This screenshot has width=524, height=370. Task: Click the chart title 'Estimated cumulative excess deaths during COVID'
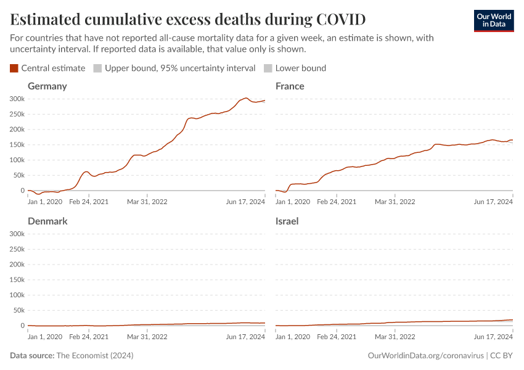tap(188, 19)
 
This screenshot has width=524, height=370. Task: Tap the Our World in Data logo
tap(493, 20)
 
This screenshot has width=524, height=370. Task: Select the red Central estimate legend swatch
tap(14, 68)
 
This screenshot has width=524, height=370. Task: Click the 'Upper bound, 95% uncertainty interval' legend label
tap(179, 68)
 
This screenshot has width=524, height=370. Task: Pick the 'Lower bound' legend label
tap(300, 68)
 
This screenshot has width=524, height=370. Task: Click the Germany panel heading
tap(47, 86)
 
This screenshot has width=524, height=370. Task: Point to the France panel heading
tap(290, 86)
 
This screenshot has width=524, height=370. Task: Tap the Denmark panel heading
tap(47, 221)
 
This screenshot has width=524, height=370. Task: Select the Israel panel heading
tap(287, 221)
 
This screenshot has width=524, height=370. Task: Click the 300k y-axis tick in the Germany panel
tap(17, 99)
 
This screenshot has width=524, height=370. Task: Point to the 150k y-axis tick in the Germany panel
tap(17, 145)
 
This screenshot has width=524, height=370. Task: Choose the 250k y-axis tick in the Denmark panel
tap(17, 249)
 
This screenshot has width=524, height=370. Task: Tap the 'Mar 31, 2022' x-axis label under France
tap(395, 202)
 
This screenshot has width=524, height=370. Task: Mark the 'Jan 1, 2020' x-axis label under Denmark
tap(45, 337)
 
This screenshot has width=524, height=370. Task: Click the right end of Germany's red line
tap(265, 101)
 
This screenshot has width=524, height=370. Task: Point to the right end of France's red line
tap(512, 140)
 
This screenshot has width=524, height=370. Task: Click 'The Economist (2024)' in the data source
tap(94, 356)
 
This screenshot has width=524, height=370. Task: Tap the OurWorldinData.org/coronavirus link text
tap(425, 356)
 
